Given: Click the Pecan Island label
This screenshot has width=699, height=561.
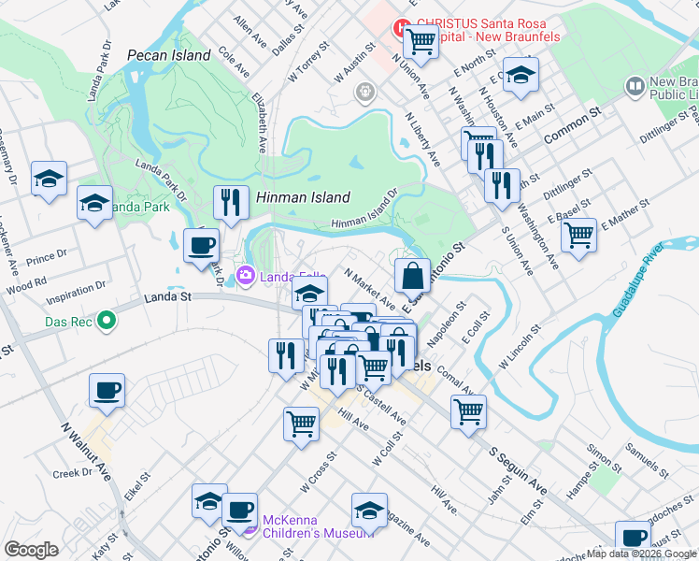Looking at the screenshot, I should point(168,56).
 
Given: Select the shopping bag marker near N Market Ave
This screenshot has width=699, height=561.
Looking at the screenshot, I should point(411,277).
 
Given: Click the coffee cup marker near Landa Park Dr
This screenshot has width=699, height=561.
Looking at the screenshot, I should point(200,247).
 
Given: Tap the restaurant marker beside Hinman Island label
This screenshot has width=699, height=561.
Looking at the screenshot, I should point(229,202).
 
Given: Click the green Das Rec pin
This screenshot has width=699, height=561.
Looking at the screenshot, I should point(107,321).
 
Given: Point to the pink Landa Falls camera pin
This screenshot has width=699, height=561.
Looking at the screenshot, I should point(246,274).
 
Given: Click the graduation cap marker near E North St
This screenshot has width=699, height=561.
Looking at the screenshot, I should point(521,78).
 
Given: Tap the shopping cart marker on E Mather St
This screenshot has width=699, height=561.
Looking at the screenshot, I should point(579,236).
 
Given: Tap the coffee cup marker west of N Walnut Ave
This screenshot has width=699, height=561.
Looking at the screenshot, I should point(107,391).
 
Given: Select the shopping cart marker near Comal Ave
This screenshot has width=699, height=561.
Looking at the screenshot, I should point(468,411).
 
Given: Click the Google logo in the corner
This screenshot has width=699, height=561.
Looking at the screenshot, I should point(31,550).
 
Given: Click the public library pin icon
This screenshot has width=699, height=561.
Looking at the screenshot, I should point(635,86).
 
